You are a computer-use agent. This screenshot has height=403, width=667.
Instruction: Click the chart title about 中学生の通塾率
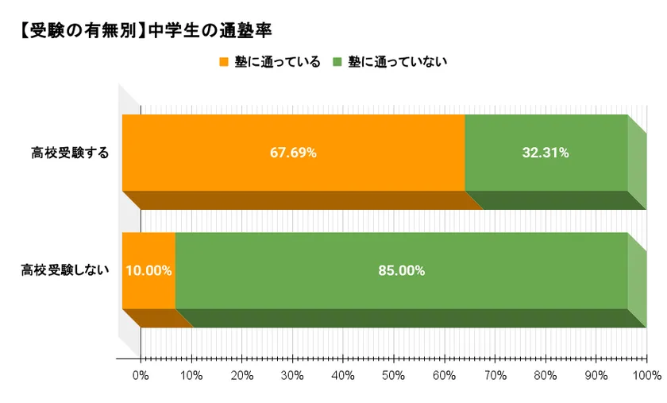(143, 32)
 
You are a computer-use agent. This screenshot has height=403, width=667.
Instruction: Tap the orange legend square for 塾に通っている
(223, 62)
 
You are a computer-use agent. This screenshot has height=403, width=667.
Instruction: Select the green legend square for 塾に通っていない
(337, 62)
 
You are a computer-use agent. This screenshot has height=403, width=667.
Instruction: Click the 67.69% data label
(293, 153)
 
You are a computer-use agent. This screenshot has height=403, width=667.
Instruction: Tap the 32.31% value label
(545, 153)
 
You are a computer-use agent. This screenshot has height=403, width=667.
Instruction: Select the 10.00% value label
(148, 270)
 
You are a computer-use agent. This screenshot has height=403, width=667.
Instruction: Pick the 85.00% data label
(401, 270)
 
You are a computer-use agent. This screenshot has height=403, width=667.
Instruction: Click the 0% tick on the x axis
(141, 374)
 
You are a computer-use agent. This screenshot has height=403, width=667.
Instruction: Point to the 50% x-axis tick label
(394, 374)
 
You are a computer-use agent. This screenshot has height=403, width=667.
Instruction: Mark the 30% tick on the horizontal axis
(293, 374)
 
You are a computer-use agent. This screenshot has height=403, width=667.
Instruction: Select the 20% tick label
(242, 374)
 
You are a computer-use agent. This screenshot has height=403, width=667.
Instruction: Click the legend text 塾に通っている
(277, 62)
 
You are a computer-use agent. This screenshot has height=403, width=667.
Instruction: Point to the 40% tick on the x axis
(344, 374)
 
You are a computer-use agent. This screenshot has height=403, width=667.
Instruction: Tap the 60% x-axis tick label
(445, 374)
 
